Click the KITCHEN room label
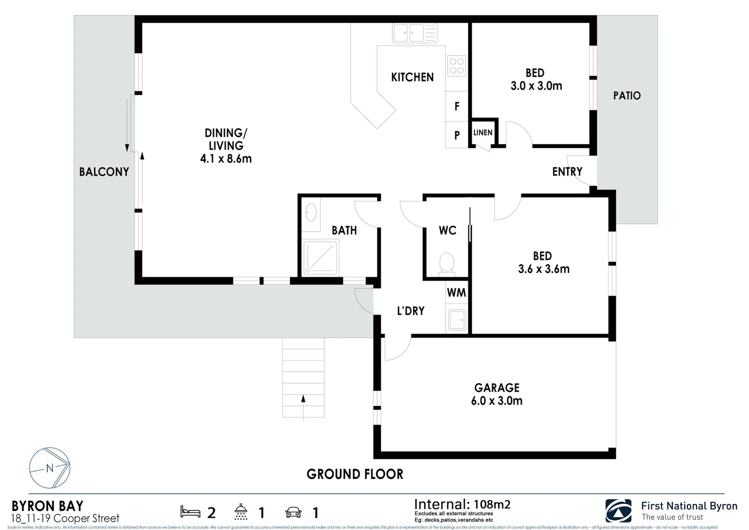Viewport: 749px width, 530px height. tap(412, 77)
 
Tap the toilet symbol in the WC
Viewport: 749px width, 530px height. tap(446, 263)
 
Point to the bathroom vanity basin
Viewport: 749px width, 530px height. tap(310, 213)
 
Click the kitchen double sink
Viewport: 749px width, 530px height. tap(409, 33)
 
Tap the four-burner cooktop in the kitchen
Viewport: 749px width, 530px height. tap(457, 66)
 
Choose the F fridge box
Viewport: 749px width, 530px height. tap(457, 106)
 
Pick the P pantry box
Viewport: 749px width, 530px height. tap(457, 135)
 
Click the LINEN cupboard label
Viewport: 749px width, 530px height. tap(483, 132)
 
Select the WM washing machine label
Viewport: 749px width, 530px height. tap(456, 293)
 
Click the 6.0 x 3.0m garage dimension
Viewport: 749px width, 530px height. tap(496, 401)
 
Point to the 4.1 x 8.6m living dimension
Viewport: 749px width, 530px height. tap(226, 159)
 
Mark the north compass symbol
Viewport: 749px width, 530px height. tap(50, 468)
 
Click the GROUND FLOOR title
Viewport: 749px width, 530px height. tap(355, 474)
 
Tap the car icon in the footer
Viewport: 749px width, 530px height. tap(293, 513)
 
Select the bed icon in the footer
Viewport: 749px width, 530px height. tap(190, 512)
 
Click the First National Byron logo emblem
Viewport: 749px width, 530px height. tap(618, 511)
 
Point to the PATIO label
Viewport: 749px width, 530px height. tap(626, 96)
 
